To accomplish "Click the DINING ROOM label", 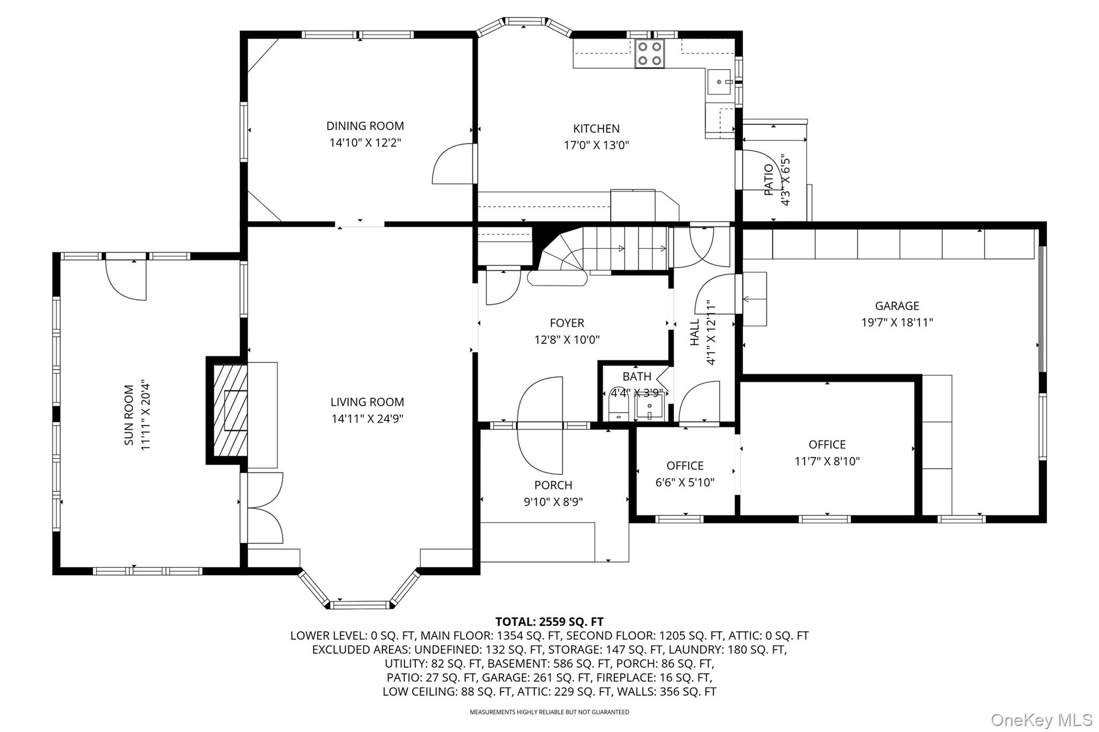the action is tap(365, 126).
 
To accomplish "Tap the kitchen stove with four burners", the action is tap(649, 54).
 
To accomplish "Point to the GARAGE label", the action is tap(897, 306).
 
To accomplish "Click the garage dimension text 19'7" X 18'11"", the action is tap(897, 322).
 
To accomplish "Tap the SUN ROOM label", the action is tap(129, 415).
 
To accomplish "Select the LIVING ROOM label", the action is tap(367, 402).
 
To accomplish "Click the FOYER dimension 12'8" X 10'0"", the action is tap(567, 339).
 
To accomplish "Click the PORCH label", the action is tap(553, 485).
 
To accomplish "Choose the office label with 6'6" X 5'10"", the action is tap(685, 466).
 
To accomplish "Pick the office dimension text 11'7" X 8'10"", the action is tap(827, 461).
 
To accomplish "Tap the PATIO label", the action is tap(769, 180).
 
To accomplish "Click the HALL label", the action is tap(695, 332).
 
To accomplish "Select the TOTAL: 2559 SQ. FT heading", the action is tap(549, 622).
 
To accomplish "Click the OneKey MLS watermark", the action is tap(1041, 720).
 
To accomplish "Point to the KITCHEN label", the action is tap(596, 129).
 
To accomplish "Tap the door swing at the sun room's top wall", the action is tap(126, 279).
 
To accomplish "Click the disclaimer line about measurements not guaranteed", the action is tap(549, 712).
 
